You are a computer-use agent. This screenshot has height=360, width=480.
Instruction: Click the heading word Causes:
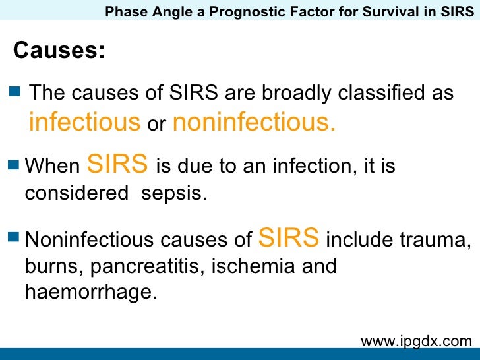[59, 50]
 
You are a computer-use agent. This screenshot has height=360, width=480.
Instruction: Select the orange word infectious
[84, 122]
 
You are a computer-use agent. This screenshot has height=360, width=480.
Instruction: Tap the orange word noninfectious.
[254, 122]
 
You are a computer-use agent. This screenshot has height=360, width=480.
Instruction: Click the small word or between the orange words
[156, 124]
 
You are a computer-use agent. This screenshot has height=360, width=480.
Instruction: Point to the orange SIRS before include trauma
[290, 237]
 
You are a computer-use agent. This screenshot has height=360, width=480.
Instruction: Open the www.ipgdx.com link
[416, 341]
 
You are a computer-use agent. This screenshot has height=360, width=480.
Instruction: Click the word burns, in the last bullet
[55, 267]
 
